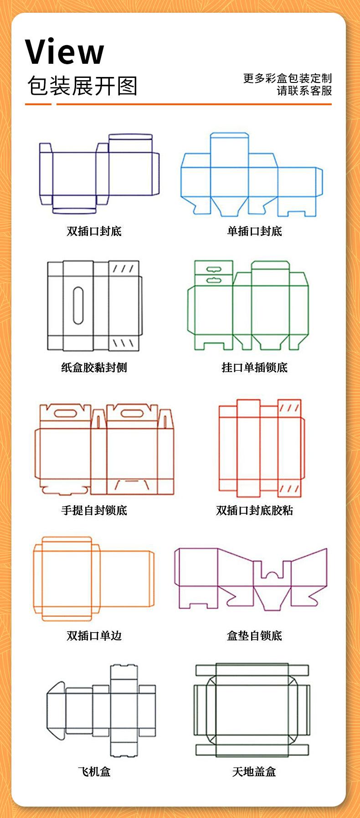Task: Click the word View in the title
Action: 64,52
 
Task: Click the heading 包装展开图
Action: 82,86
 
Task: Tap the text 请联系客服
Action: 304,91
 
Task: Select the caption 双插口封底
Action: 94,231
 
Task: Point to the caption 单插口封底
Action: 254,231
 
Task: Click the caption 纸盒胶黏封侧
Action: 94,367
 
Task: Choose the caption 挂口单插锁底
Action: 254,367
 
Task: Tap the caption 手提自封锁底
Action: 94,510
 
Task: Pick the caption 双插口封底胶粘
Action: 254,510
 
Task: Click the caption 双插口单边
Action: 94,635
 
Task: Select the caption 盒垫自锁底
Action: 254,635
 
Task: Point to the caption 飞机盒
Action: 94,772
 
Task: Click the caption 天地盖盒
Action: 254,772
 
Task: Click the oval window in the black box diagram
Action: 78,305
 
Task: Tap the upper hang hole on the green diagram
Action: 212,270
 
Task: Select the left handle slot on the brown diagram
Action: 66,414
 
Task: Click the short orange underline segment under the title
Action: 38,104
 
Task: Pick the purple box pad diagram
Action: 251,578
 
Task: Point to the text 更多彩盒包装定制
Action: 287,78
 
